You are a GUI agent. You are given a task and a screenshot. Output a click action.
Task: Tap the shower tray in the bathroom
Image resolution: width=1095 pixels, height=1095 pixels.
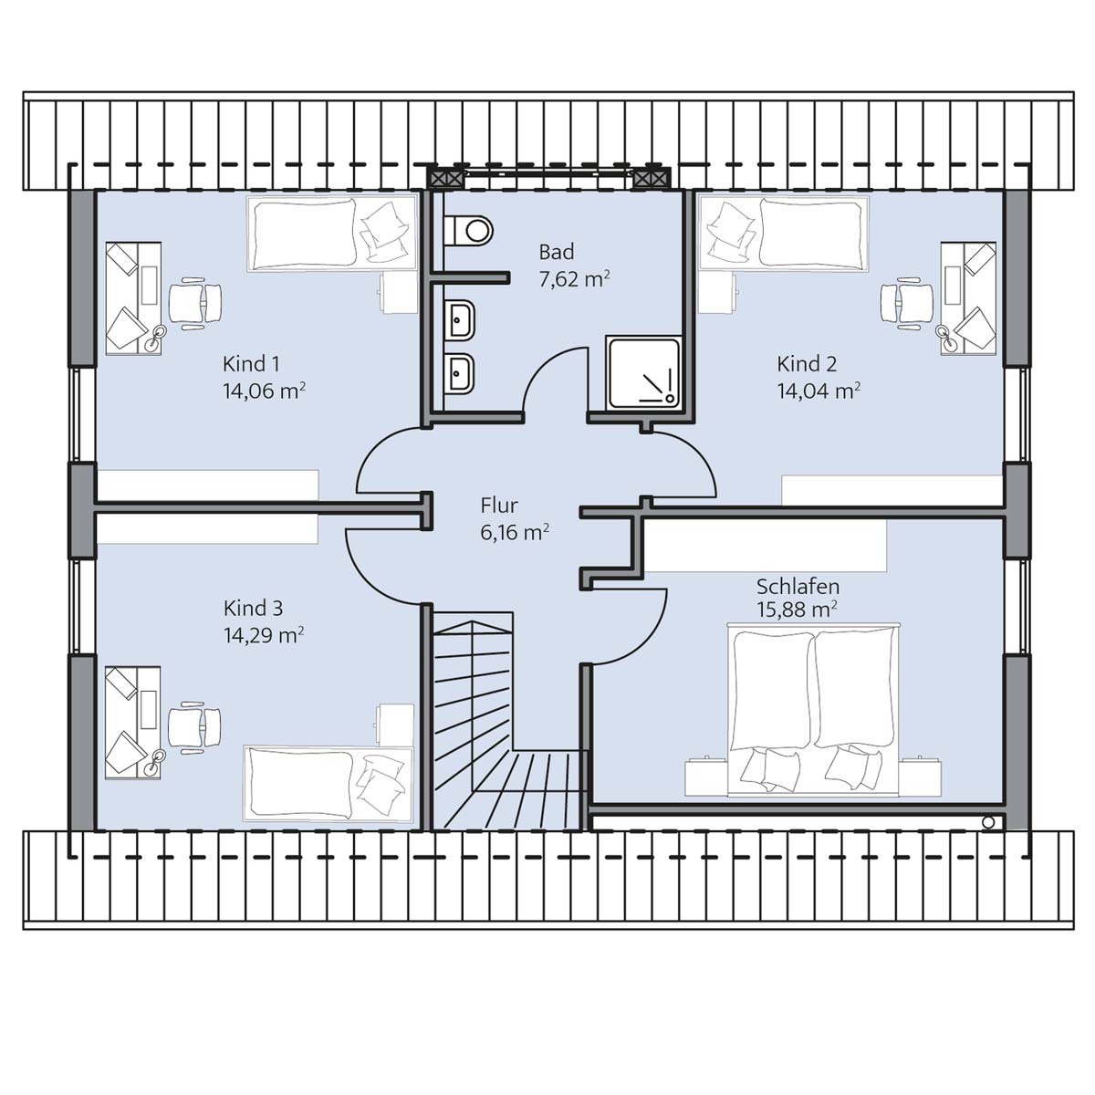pos(643,372)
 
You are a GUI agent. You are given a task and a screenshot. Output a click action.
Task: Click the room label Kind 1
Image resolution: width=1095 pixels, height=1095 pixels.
pos(251,364)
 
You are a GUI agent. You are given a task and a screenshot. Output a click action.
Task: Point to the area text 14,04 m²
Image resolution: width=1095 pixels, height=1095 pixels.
pos(819,391)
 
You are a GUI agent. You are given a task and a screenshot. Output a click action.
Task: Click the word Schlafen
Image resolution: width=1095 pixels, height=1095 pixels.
pos(798,587)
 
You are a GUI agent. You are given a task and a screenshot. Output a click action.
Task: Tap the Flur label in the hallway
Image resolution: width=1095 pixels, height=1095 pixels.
pos(499,506)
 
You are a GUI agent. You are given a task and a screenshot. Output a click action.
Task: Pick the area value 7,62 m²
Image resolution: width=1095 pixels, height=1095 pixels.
pos(575,279)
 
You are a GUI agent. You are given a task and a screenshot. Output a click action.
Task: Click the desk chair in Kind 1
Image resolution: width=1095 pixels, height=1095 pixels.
pos(195,302)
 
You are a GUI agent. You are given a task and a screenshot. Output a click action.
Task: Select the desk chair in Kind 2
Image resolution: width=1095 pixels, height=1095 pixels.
pos(907,302)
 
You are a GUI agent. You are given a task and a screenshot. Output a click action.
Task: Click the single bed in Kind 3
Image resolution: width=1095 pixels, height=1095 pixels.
pos(328,784)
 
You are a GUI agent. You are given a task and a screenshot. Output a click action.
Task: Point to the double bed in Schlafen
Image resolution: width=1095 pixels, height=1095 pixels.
pos(814,710)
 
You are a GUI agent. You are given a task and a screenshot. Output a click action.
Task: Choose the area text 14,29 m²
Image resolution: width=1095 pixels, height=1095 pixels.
pos(265,635)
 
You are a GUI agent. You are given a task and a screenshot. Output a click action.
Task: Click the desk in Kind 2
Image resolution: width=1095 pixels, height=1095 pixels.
pos(968,299)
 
